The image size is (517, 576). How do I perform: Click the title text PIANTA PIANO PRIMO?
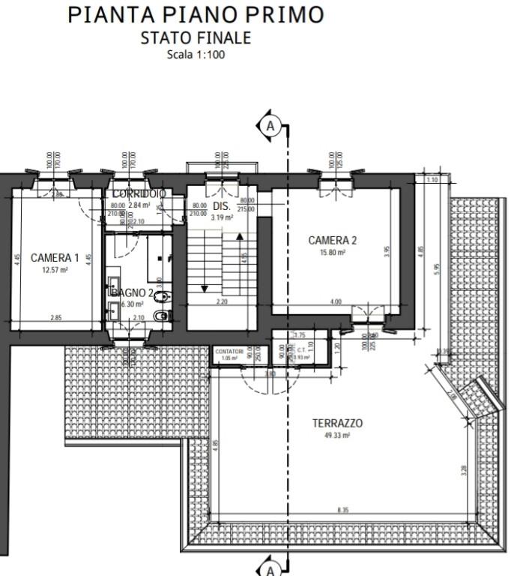196,14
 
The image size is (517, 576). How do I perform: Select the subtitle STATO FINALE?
196,37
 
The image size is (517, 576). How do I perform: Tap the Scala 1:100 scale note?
196,54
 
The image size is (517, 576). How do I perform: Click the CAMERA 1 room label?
55,257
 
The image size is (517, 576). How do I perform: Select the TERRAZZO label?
337,423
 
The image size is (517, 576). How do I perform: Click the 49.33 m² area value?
337,436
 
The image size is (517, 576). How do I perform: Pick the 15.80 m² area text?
333,253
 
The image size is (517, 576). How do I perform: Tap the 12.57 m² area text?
55,269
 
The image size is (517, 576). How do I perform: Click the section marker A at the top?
270,126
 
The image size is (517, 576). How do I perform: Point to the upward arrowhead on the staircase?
240,237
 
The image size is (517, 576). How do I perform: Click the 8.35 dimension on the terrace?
343,511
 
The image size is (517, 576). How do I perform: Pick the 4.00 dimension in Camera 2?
336,301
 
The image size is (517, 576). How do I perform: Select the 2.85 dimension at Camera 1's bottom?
56,318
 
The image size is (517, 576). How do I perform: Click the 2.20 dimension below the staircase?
222,301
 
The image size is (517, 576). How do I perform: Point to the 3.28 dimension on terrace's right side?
464,470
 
